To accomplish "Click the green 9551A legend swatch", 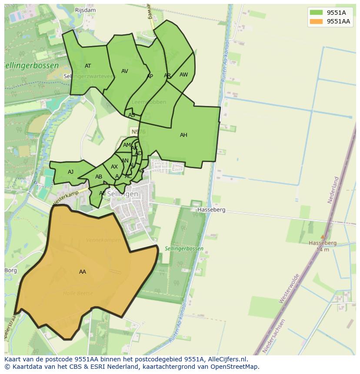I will click(316, 13).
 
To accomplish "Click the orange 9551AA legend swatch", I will click(316, 21).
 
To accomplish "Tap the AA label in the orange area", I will click(83, 272).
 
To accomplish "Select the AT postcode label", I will click(88, 66).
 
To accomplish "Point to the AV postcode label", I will click(125, 71).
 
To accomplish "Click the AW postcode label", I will click(184, 75).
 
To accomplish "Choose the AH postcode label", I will click(183, 135).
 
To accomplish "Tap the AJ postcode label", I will click(70, 172).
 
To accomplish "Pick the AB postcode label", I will click(99, 177).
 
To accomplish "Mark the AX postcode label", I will click(114, 167).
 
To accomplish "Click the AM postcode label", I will click(127, 145).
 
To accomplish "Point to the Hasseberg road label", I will click(211, 210).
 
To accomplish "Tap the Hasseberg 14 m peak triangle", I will click(322, 237).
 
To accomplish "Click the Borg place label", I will click(11, 270).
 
